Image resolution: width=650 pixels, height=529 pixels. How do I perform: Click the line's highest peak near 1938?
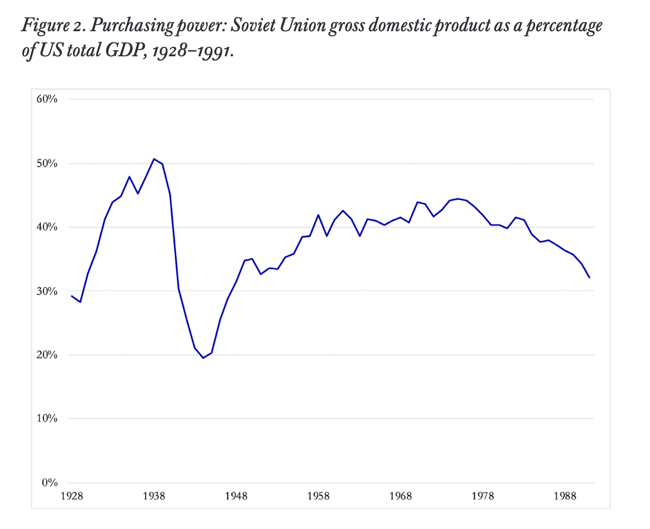(154, 159)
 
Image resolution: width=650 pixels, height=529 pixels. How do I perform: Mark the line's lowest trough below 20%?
(203, 358)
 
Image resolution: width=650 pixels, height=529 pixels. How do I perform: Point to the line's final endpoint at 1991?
(590, 278)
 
